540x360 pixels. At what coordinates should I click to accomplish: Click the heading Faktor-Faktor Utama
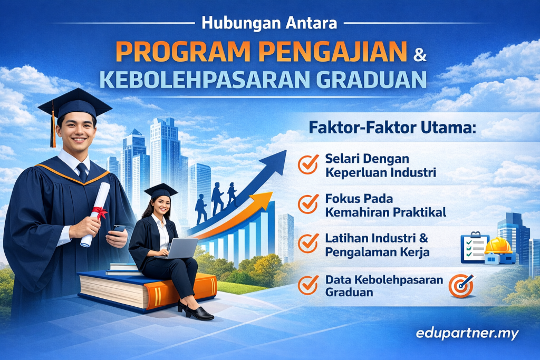pyautogui.click(x=392, y=128)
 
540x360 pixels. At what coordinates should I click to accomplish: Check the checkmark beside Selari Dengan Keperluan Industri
pyautogui.click(x=308, y=164)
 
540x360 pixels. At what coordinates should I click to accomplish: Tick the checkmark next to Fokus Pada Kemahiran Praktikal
pyautogui.click(x=308, y=204)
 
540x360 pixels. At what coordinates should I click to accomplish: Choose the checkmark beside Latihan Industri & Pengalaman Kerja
pyautogui.click(x=308, y=244)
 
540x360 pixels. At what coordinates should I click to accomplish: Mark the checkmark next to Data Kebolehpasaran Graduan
pyautogui.click(x=308, y=285)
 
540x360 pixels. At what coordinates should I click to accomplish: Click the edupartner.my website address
pyautogui.click(x=467, y=334)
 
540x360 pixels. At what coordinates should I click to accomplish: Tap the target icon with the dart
pyautogui.click(x=462, y=286)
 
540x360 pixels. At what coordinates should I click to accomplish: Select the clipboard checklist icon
pyautogui.click(x=475, y=247)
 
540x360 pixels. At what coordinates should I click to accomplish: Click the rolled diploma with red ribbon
pyautogui.click(x=96, y=214)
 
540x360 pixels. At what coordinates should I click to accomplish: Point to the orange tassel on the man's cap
pyautogui.click(x=53, y=130)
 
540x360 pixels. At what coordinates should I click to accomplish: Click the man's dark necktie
pyautogui.click(x=82, y=172)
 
